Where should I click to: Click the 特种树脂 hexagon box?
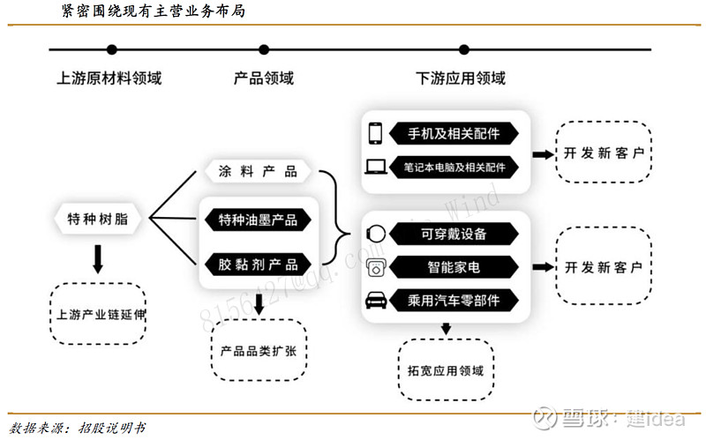pyautogui.click(x=97, y=219)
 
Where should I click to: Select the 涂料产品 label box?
pyautogui.click(x=258, y=171)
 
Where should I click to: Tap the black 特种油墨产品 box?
pyautogui.click(x=258, y=220)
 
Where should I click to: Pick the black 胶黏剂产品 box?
pyautogui.click(x=258, y=265)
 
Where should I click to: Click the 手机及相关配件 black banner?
pyautogui.click(x=454, y=134)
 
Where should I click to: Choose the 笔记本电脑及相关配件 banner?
pyautogui.click(x=454, y=168)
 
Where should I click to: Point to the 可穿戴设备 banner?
pyautogui.click(x=454, y=234)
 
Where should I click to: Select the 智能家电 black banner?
pyautogui.click(x=454, y=267)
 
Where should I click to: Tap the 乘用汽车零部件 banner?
pyautogui.click(x=454, y=300)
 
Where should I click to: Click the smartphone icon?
pyautogui.click(x=375, y=134)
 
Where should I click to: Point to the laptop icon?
pyautogui.click(x=376, y=167)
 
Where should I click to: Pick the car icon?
pyautogui.click(x=376, y=300)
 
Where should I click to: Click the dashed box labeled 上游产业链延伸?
pyautogui.click(x=98, y=314)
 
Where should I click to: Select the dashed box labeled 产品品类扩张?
pyautogui.click(x=259, y=350)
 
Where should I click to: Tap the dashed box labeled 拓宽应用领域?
pyautogui.click(x=446, y=369)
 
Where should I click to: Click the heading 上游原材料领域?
pyautogui.click(x=109, y=78)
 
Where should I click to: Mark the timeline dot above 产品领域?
pyautogui.click(x=264, y=49)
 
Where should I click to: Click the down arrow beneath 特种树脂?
pyautogui.click(x=98, y=259)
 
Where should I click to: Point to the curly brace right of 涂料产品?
pyautogui.click(x=335, y=217)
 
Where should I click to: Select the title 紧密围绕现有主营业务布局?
pyautogui.click(x=153, y=11)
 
